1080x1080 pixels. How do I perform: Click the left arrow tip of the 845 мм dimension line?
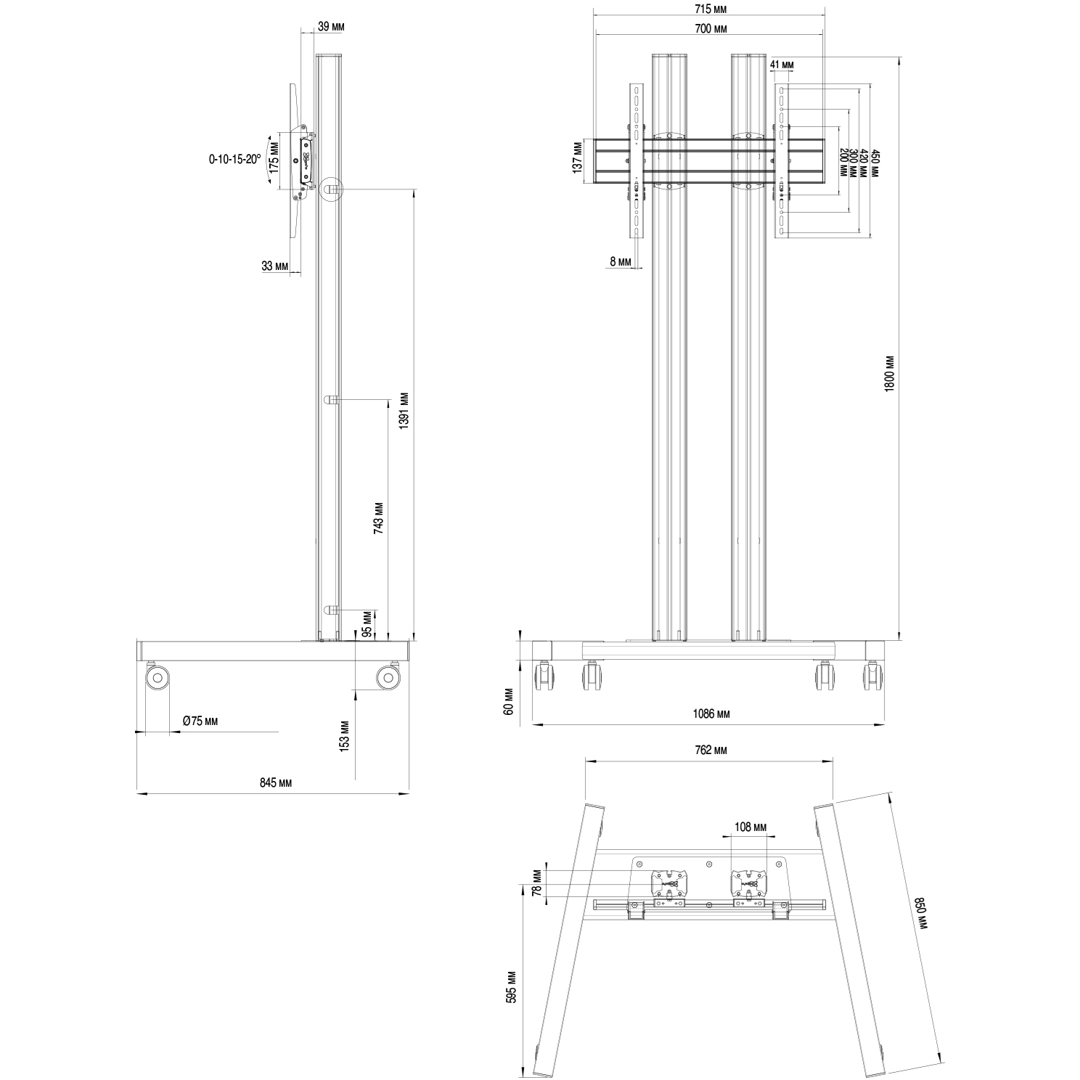(x=137, y=793)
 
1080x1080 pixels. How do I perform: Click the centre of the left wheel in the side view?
(x=157, y=679)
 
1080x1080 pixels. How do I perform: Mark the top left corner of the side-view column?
(x=316, y=54)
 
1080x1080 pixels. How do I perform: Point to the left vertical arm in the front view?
(x=637, y=160)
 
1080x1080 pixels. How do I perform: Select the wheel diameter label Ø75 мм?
(x=200, y=721)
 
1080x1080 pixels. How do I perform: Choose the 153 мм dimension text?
(x=345, y=735)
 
